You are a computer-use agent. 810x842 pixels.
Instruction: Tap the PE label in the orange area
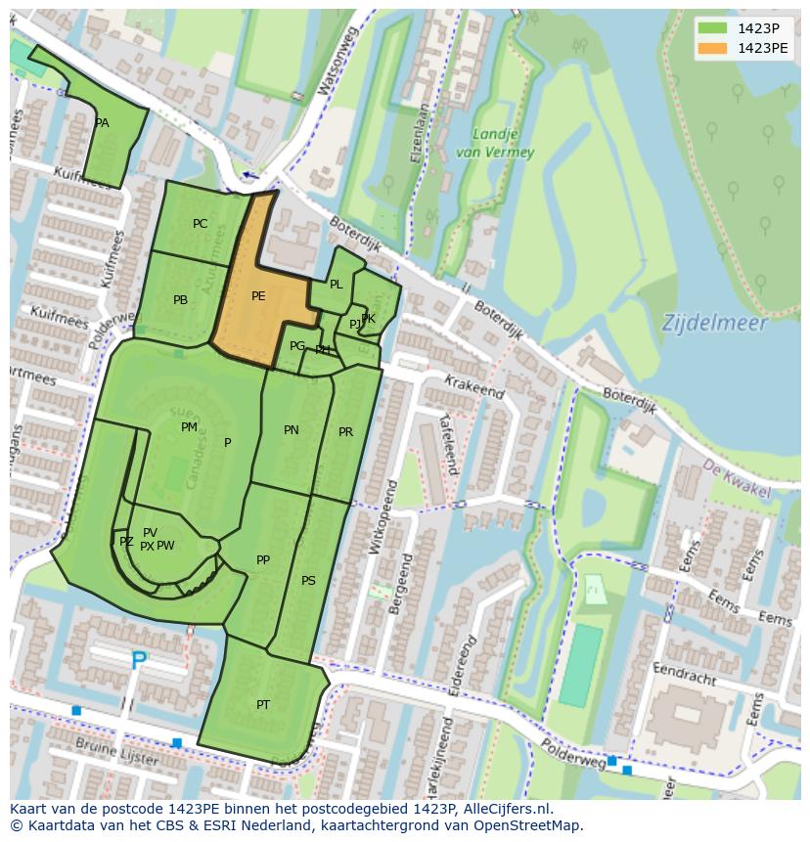tap(258, 296)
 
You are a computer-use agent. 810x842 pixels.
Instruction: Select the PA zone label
tap(102, 123)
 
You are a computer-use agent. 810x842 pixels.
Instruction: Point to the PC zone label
tap(201, 224)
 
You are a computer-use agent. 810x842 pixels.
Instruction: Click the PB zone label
tap(180, 300)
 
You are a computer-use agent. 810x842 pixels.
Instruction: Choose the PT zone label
tap(263, 705)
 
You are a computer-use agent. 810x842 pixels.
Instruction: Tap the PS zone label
tap(308, 581)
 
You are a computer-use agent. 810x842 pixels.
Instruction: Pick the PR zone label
tap(345, 432)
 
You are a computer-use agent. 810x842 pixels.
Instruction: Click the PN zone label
tap(292, 430)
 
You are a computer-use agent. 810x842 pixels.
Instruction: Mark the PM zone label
tap(189, 427)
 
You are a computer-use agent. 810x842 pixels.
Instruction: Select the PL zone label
tap(336, 285)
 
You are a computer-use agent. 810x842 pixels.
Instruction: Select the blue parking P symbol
tap(140, 662)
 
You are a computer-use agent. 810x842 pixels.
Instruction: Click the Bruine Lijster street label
tap(121, 758)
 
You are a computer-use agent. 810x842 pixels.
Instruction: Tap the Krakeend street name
tap(473, 386)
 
